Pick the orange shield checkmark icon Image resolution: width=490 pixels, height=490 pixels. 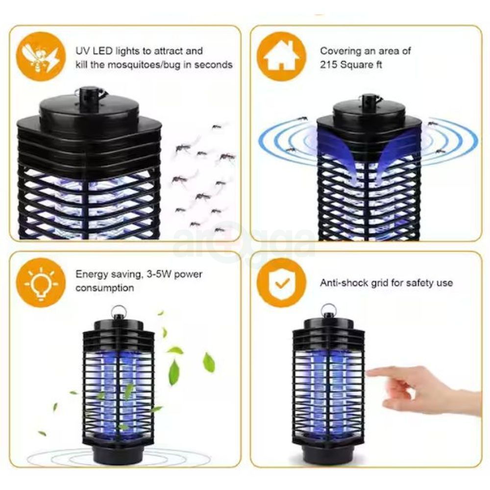click(281, 283)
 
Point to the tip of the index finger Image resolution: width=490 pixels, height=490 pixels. click(369, 373)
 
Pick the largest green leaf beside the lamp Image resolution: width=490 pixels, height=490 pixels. click(174, 372)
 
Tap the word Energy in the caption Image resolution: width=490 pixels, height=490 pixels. click(91, 274)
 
